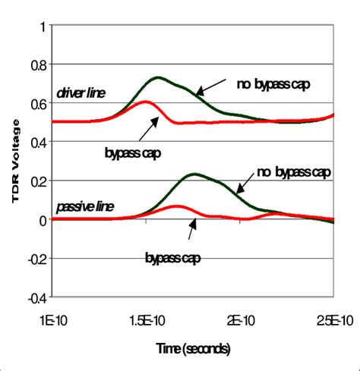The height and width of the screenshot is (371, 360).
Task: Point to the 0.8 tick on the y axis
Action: coord(37,64)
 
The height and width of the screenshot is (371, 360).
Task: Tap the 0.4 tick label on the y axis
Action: coord(37,142)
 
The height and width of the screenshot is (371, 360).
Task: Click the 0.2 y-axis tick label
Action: coord(37,181)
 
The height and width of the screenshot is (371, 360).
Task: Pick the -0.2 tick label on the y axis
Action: coord(35,258)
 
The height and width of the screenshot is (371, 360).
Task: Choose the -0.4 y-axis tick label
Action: coord(35,297)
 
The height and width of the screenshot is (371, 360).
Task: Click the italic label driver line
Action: coord(80,93)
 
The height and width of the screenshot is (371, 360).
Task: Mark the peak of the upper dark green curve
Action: coord(158,77)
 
